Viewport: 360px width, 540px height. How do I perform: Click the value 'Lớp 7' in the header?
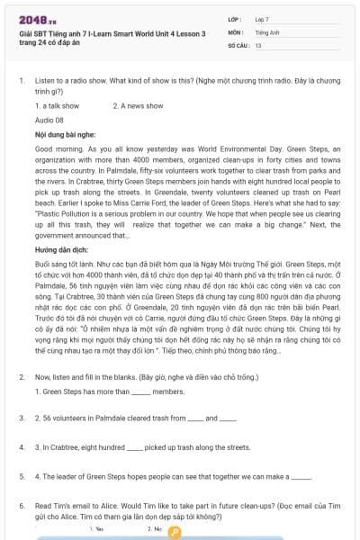click(262, 19)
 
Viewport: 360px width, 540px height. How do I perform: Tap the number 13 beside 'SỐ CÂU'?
click(258, 43)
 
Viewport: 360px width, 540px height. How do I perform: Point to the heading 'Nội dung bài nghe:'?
click(64, 132)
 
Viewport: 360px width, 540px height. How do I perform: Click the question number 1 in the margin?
click(22, 80)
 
